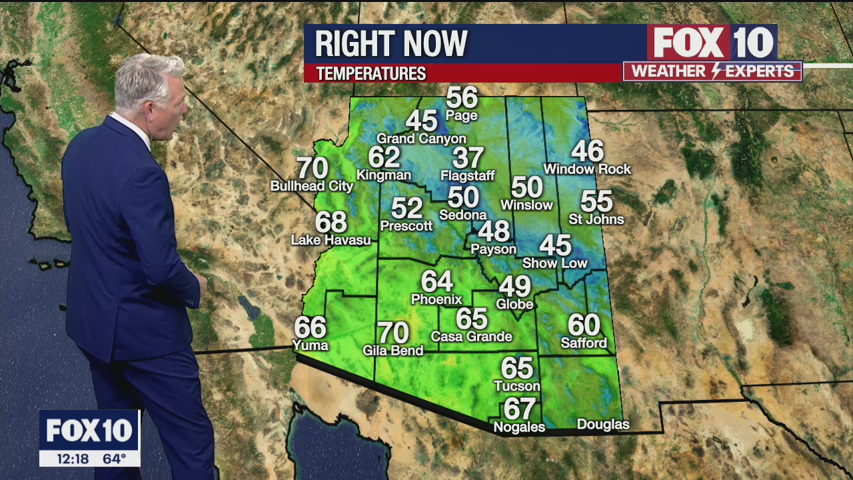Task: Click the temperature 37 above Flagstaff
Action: click(x=468, y=159)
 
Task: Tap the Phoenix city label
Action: click(x=436, y=299)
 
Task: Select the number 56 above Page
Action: click(x=462, y=98)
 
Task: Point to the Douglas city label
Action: click(x=602, y=425)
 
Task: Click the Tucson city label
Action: click(x=516, y=386)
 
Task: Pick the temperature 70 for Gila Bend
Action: click(x=393, y=333)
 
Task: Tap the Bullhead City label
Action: click(x=312, y=187)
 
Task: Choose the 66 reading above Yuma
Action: click(x=311, y=327)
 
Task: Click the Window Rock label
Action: click(x=587, y=169)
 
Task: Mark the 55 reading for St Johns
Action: click(x=596, y=201)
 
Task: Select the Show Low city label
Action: click(x=554, y=263)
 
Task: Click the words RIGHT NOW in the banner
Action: click(x=391, y=44)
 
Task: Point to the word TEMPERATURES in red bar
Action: click(x=371, y=73)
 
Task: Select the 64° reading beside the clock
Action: click(x=114, y=459)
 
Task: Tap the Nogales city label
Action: click(x=519, y=427)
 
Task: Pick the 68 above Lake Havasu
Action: click(x=331, y=221)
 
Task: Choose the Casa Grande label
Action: click(x=471, y=337)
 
